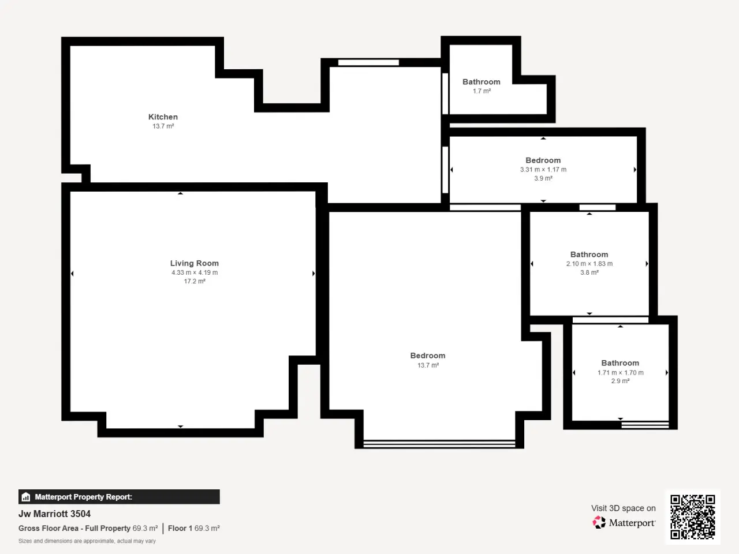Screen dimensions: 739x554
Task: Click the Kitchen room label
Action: tap(163, 117)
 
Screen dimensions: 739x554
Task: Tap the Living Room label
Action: tap(194, 263)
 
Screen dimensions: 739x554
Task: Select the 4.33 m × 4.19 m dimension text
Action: tap(195, 272)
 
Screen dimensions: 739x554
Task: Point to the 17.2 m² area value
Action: tap(195, 281)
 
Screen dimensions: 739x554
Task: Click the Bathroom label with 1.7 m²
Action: tap(482, 82)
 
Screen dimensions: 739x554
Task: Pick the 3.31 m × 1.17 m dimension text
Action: tap(543, 170)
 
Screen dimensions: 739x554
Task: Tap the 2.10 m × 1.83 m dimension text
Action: tap(589, 264)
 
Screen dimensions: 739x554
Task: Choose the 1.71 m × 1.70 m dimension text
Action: tap(620, 373)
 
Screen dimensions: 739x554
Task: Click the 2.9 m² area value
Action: tap(620, 381)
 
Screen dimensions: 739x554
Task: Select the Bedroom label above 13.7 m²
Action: tap(428, 355)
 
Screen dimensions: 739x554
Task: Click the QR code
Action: tap(693, 516)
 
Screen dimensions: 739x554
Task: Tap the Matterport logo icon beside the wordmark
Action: tap(599, 522)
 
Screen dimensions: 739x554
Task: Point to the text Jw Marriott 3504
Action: tap(54, 514)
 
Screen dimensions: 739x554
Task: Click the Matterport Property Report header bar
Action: tap(119, 497)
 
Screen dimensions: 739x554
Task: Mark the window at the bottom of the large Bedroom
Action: tap(439, 444)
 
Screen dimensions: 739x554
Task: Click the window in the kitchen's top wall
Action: tap(368, 62)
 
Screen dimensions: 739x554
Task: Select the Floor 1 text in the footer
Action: tap(180, 529)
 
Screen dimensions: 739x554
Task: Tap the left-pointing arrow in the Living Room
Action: tap(72, 274)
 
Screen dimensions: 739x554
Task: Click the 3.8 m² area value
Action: tap(589, 272)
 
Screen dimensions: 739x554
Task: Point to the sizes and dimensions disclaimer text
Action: tap(87, 541)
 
